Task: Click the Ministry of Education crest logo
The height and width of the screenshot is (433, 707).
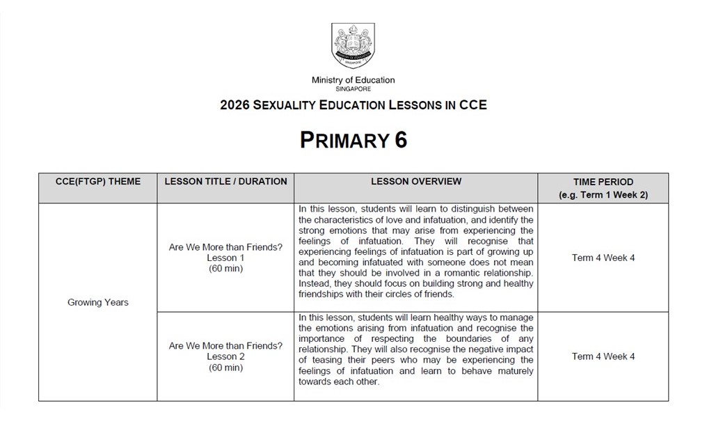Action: click(353, 45)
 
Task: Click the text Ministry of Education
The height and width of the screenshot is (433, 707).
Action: click(353, 80)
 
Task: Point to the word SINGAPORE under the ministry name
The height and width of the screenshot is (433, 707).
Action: click(353, 89)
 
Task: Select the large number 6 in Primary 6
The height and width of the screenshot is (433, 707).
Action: click(400, 140)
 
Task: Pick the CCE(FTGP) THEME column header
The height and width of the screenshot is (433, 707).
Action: click(97, 182)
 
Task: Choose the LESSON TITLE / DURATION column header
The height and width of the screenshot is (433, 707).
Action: click(225, 182)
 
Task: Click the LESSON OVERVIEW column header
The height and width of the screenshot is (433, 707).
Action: click(415, 182)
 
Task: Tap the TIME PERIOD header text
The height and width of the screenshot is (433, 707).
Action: click(603, 182)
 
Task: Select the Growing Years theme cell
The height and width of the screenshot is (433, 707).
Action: click(97, 302)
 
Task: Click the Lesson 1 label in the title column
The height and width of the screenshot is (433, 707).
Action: click(225, 258)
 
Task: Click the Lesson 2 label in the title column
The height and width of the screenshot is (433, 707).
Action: click(225, 356)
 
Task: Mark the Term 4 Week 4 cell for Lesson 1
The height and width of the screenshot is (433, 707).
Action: click(603, 258)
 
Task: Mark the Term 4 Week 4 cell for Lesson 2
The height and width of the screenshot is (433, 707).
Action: click(603, 356)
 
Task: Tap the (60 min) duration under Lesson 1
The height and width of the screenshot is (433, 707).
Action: click(225, 269)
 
